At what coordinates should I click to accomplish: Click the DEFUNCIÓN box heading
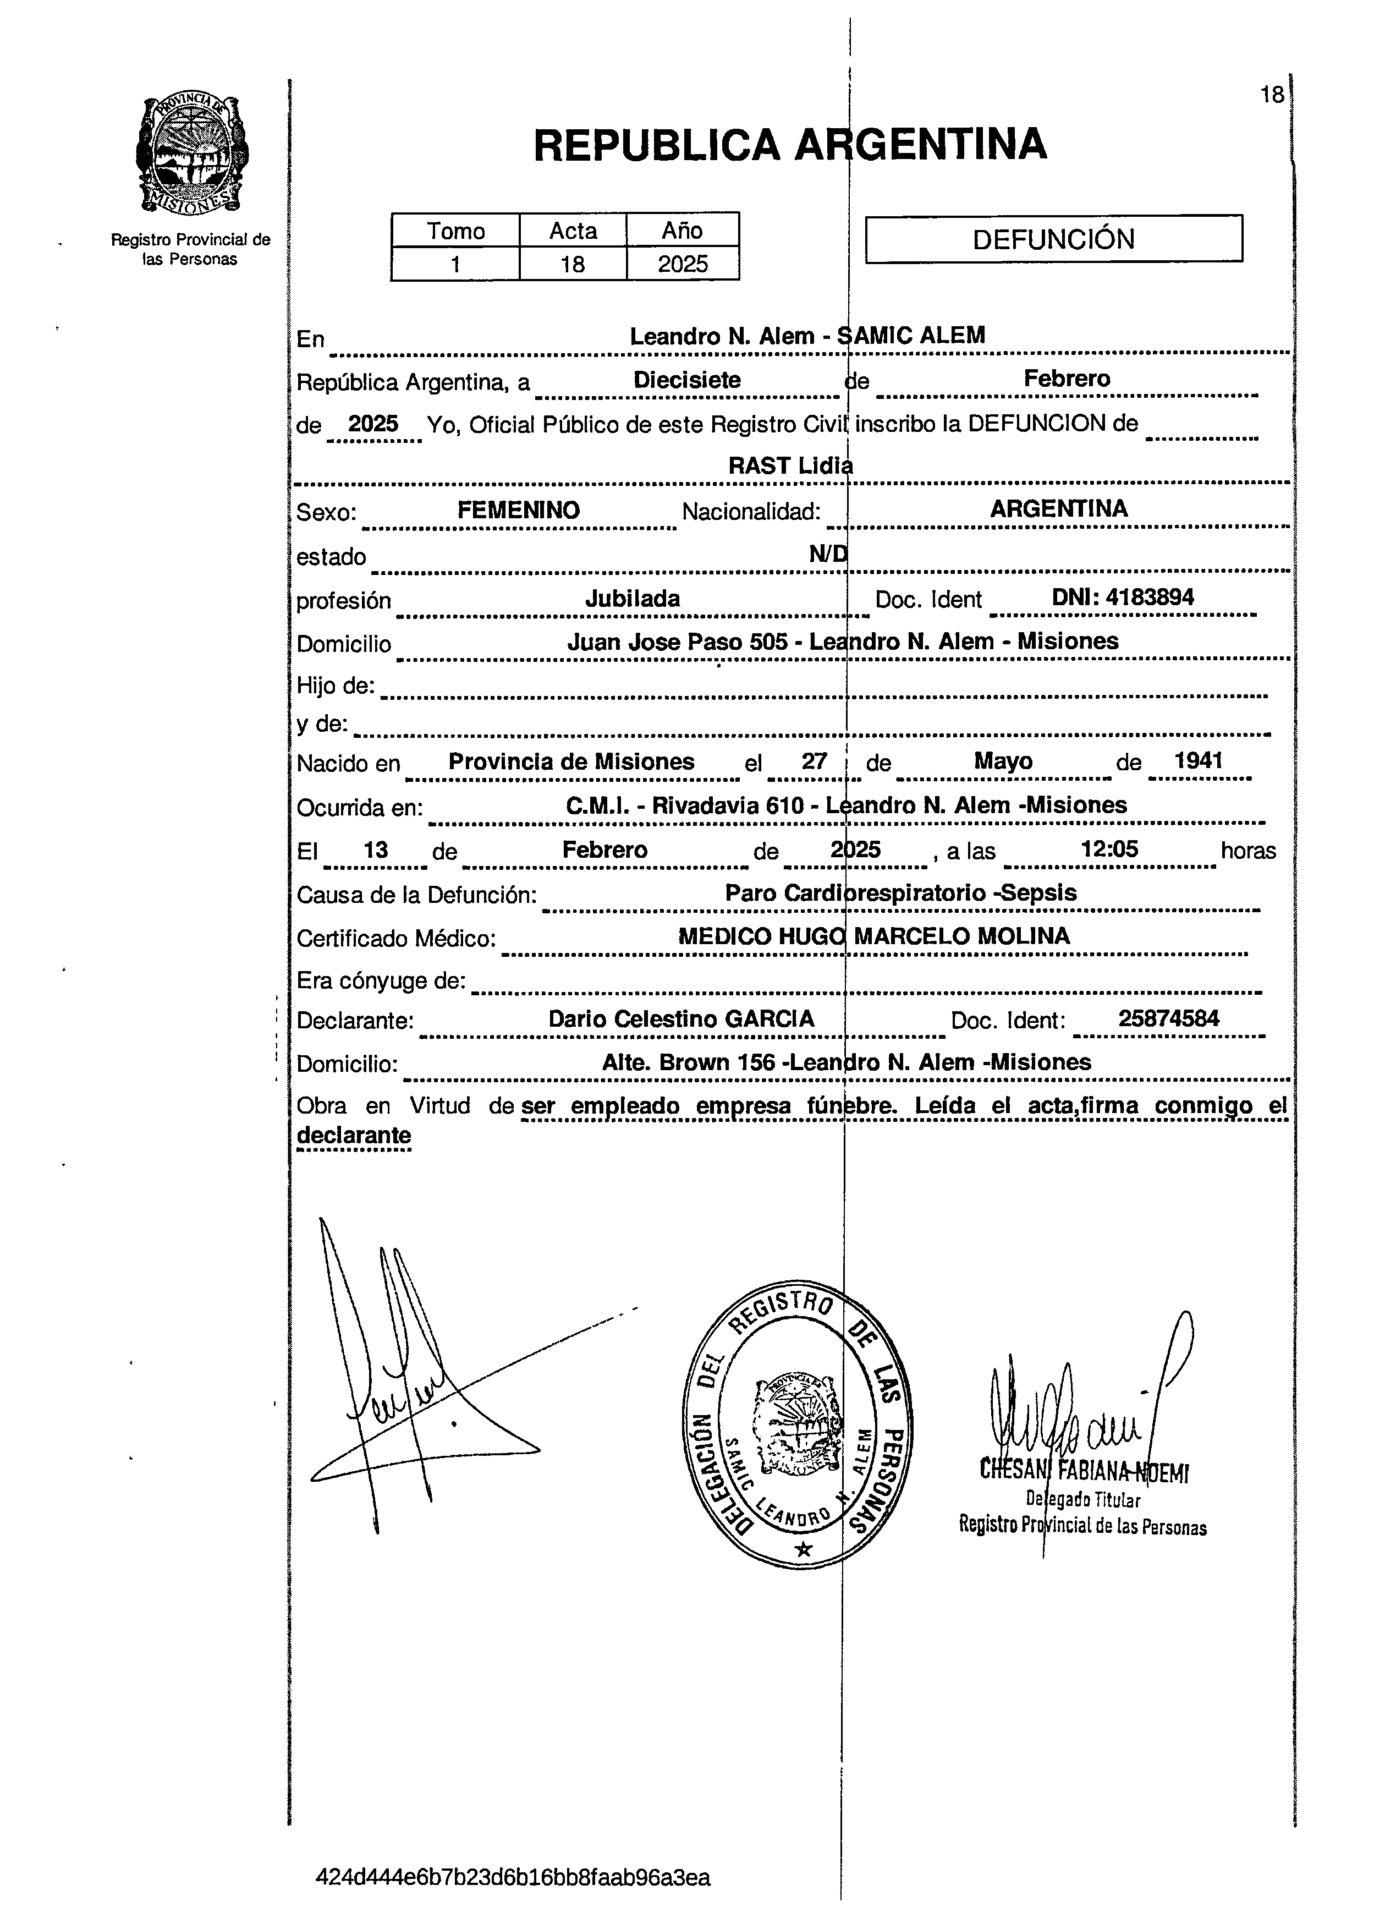pos(1053,239)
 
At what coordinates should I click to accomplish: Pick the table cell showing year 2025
pos(683,264)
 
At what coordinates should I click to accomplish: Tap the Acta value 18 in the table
pos(573,264)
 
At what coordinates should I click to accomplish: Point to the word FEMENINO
pos(518,510)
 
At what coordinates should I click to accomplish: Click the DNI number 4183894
pos(1122,597)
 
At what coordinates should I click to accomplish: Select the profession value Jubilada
pos(633,599)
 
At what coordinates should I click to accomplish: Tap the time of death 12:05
pos(1109,848)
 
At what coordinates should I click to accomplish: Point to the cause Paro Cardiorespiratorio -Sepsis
pos(900,893)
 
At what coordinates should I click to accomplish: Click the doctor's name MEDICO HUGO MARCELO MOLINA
pos(873,936)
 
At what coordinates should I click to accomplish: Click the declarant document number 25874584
pos(1168,1018)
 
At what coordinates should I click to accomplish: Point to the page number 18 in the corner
pos(1271,95)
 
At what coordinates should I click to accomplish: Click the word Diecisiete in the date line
pos(686,380)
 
